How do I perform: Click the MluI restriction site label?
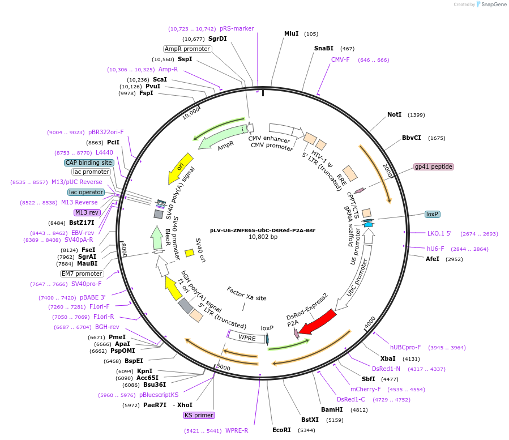coord(291,34)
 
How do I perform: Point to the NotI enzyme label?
coord(394,114)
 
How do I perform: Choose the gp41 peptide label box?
coord(434,166)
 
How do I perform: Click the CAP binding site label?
coord(89,163)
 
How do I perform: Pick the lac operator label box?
coord(86,192)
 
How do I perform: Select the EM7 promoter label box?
coord(82,274)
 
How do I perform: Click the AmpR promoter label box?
coord(187,49)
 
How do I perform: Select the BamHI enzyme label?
coord(332,409)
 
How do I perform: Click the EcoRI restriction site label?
coord(281,430)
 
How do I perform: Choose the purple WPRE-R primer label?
coord(237,430)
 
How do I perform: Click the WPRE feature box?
coord(247,338)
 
